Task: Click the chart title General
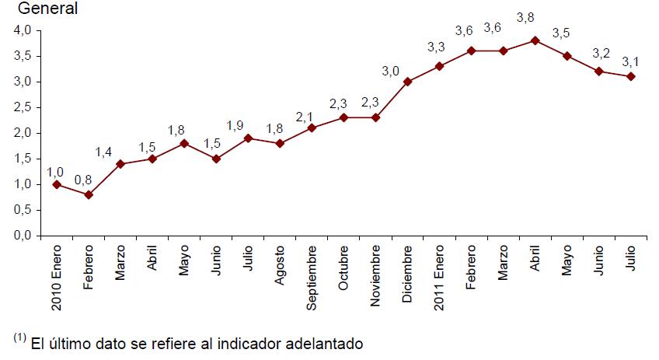(x=47, y=9)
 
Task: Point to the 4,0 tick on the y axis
(x=23, y=30)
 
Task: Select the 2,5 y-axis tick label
(x=23, y=107)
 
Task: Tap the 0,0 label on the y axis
(x=23, y=236)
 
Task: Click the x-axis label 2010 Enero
(x=57, y=278)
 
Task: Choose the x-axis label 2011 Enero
(x=439, y=278)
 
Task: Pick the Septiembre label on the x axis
(x=312, y=278)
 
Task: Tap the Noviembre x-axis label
(x=375, y=276)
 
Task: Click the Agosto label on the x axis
(x=280, y=265)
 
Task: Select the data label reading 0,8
(x=83, y=180)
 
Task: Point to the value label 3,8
(x=525, y=18)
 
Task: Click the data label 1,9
(x=235, y=125)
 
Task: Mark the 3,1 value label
(x=630, y=62)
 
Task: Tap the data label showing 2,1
(x=305, y=117)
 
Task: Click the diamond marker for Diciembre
(x=407, y=82)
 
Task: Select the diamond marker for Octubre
(x=343, y=117)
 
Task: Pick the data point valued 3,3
(x=439, y=66)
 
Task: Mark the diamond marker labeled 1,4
(x=120, y=164)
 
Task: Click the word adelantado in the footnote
(x=324, y=344)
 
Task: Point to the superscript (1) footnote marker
(x=19, y=337)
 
